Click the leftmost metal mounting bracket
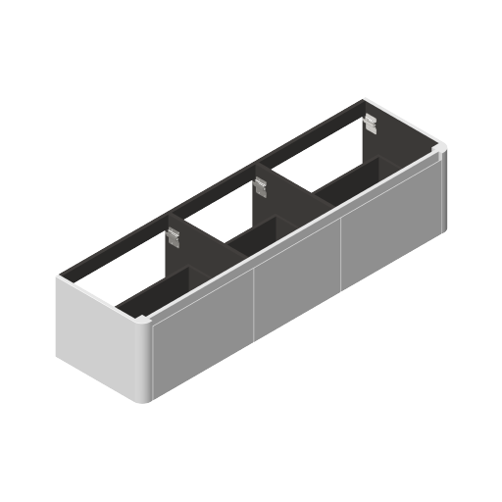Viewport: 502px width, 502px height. coord(175,237)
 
